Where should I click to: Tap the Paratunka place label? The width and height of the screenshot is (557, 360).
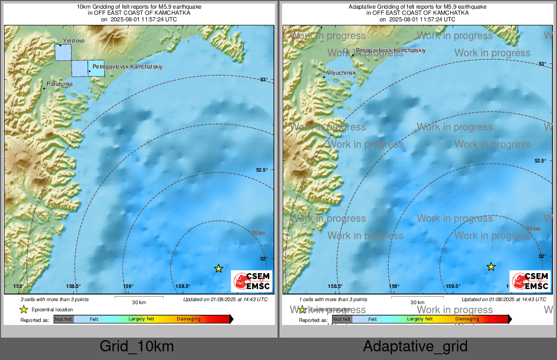tap(59, 83)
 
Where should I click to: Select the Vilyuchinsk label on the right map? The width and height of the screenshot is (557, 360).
tap(341, 73)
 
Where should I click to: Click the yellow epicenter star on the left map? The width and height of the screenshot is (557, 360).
tap(219, 268)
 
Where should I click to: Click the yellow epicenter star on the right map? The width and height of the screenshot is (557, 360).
tap(491, 267)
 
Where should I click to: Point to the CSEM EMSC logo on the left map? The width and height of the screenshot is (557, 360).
tap(252, 281)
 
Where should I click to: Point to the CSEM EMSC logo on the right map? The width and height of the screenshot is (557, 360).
tap(530, 281)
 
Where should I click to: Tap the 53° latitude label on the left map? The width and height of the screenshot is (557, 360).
tap(264, 80)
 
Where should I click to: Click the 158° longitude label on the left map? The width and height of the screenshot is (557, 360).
tap(18, 286)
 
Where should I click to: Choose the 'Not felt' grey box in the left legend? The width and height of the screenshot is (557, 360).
tap(64, 319)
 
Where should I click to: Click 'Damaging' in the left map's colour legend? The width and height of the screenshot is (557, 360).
tap(189, 319)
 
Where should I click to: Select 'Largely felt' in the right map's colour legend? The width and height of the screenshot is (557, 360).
tap(419, 319)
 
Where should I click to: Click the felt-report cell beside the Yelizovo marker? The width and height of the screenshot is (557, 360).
tap(63, 53)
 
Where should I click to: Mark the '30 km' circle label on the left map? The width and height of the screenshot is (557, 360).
tap(259, 233)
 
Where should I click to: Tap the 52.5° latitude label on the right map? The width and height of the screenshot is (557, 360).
tap(540, 160)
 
